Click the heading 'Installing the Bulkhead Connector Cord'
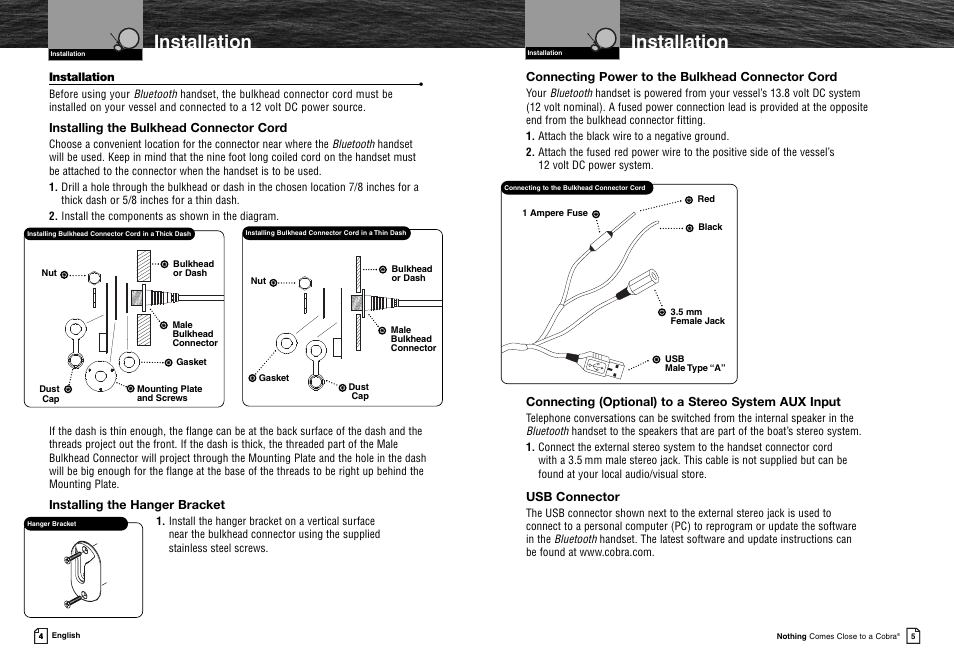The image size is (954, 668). pos(168,128)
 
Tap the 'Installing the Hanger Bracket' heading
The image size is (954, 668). pos(137,505)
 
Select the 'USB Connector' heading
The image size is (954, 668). pos(573,497)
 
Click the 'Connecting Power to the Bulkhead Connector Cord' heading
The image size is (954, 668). pos(681,77)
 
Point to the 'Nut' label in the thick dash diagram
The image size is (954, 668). pos(49,273)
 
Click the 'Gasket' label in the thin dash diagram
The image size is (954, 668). pos(274,378)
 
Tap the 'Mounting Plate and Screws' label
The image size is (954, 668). pos(169,394)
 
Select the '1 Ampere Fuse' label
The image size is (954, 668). pos(555,213)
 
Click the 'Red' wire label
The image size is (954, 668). pos(706,199)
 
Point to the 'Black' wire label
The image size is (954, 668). pos(710,227)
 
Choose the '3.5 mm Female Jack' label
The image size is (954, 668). pos(697,317)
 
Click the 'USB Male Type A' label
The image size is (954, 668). pos(693,364)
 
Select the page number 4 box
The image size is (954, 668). pos(40,635)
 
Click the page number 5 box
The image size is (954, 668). pos(913,635)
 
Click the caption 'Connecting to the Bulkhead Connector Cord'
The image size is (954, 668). pos(575,188)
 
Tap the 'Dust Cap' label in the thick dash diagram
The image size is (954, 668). pos(50,394)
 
